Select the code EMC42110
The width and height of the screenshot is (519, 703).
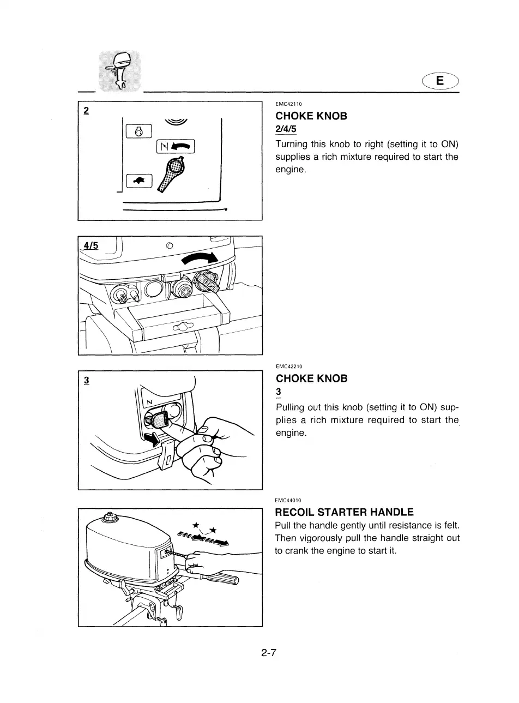pyautogui.click(x=289, y=104)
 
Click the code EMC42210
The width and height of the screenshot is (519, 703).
pyautogui.click(x=289, y=366)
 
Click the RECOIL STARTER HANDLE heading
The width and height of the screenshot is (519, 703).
pyautogui.click(x=344, y=512)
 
